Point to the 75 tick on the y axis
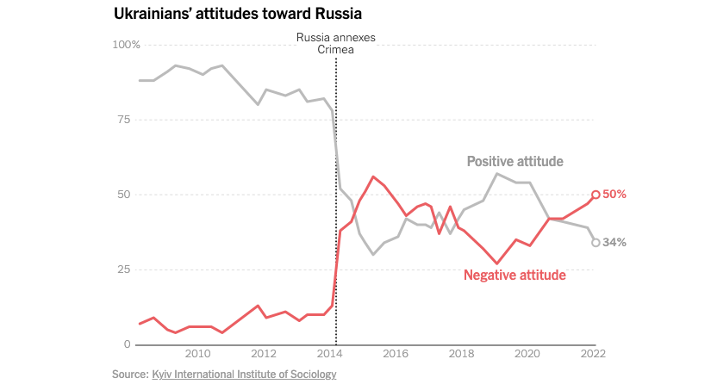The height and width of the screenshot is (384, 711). click(123, 120)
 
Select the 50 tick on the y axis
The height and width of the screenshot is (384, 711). click(123, 195)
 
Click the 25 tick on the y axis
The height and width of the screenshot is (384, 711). click(123, 269)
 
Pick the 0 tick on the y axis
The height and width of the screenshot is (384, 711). click(127, 344)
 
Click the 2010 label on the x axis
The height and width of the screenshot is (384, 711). click(197, 354)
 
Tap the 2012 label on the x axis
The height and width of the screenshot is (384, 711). click(264, 354)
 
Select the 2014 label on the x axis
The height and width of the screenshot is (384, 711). click(330, 354)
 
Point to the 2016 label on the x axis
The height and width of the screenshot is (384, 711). click(396, 354)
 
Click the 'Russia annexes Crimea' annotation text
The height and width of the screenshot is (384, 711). click(336, 44)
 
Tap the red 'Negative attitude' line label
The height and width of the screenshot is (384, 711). click(515, 276)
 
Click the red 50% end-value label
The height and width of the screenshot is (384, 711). click(614, 195)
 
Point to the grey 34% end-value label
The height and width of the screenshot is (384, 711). click(614, 243)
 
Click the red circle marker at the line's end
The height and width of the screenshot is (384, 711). click(596, 195)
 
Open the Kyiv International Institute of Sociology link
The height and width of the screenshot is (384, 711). click(244, 374)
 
